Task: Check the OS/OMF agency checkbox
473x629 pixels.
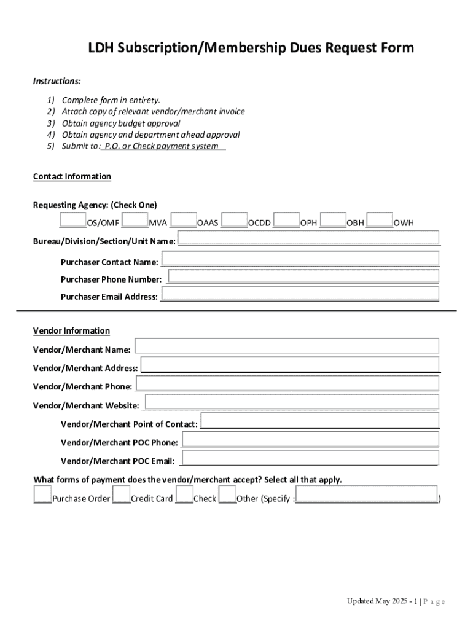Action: [x=72, y=220]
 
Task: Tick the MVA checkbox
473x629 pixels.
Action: [x=135, y=220]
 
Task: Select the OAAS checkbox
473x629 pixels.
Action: [x=184, y=220]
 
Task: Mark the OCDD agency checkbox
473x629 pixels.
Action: [x=234, y=220]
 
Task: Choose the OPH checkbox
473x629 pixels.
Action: [x=286, y=220]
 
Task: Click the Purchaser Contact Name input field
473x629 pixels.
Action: [x=300, y=258]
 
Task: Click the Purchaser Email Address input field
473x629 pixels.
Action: [x=300, y=293]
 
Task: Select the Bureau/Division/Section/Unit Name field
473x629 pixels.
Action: [x=309, y=238]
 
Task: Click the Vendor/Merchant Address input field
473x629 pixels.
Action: [x=291, y=364]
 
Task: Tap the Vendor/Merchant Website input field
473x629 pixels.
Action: [x=292, y=402]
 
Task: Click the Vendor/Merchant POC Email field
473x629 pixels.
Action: [x=310, y=458]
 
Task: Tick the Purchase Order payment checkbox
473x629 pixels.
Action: [x=42, y=494]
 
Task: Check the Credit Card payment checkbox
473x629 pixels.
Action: [x=122, y=494]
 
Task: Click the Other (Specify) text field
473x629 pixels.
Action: [x=367, y=494]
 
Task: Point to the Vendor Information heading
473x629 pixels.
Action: [x=71, y=331]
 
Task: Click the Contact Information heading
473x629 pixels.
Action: [x=72, y=177]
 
